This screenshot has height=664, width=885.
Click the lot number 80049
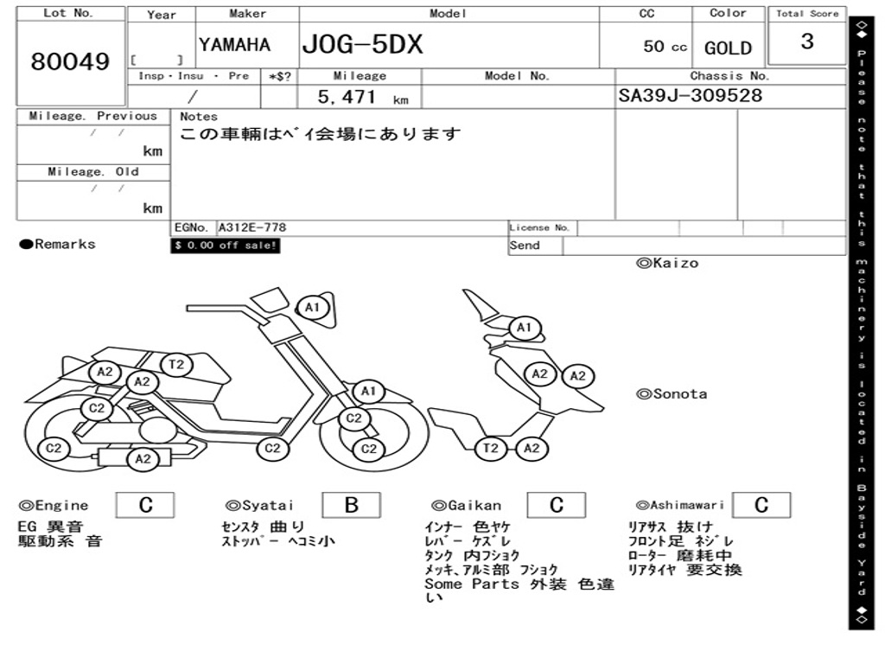click(71, 62)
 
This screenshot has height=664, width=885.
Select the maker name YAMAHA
click(234, 45)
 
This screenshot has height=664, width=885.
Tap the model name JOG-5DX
click(362, 44)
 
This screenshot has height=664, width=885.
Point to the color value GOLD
click(728, 48)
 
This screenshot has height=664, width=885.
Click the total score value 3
click(807, 41)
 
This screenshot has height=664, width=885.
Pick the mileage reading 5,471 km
click(362, 98)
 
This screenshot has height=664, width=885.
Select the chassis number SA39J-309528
click(691, 96)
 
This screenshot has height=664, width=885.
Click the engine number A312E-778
click(252, 227)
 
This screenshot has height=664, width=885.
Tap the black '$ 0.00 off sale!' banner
click(226, 246)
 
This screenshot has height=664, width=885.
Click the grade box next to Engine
click(145, 505)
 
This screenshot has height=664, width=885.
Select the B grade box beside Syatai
click(351, 505)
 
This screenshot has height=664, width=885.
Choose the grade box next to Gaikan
click(557, 505)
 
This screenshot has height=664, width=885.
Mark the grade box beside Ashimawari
click(761, 505)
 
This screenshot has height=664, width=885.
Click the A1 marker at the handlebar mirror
click(313, 307)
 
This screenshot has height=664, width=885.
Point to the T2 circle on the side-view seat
click(176, 365)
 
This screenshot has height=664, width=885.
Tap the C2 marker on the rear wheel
click(54, 448)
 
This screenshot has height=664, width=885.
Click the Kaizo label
click(667, 263)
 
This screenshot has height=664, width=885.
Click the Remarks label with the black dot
click(58, 245)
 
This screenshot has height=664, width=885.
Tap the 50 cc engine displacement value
click(665, 47)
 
